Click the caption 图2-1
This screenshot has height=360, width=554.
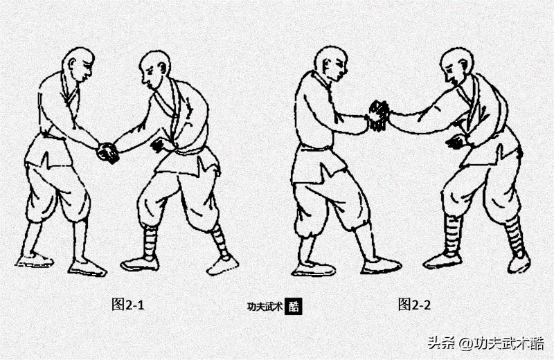128,304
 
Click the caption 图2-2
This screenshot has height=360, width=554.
414,304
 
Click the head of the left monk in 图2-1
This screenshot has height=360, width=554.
78,64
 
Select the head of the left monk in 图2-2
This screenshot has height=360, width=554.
331,63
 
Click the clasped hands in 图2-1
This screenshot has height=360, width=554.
107,152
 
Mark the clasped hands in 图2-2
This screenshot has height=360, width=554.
378,115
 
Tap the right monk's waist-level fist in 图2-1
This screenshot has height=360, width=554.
161,145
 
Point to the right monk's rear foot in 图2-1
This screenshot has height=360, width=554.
223,264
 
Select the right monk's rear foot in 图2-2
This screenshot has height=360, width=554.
519,263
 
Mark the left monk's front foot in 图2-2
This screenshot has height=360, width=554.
380,265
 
